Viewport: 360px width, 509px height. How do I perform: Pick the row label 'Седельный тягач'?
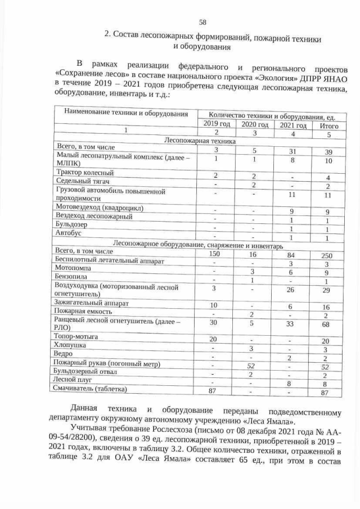82,181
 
